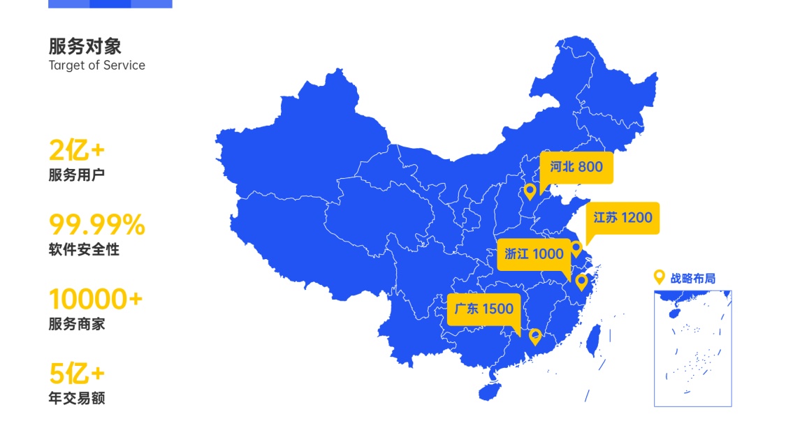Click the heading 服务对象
click(x=85, y=46)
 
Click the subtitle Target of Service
click(x=96, y=66)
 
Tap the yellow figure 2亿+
click(x=76, y=150)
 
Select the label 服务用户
click(x=76, y=175)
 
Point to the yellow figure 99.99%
click(x=96, y=225)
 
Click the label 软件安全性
click(x=84, y=249)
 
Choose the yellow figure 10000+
click(x=95, y=300)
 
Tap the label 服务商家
click(x=76, y=324)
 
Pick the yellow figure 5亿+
click(x=76, y=374)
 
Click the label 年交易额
click(x=76, y=399)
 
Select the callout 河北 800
click(x=576, y=168)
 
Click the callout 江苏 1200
click(x=623, y=218)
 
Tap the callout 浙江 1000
click(x=534, y=254)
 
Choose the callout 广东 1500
click(x=483, y=309)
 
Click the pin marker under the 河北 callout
click(x=530, y=191)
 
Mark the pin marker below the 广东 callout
click(x=535, y=337)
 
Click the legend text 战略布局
click(x=693, y=278)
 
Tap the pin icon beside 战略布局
click(x=658, y=277)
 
